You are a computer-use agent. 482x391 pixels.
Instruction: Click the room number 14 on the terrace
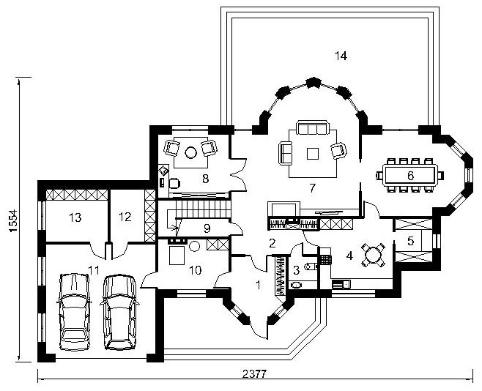pyautogui.click(x=341, y=56)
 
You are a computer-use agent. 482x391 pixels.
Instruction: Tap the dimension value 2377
pyautogui.click(x=254, y=374)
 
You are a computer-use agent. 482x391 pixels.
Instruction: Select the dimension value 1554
pyautogui.click(x=13, y=220)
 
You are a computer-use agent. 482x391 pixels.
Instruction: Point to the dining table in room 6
pyautogui.click(x=410, y=176)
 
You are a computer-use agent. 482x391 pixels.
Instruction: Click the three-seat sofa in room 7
pyautogui.click(x=313, y=127)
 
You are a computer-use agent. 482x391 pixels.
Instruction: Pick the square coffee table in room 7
pyautogui.click(x=313, y=153)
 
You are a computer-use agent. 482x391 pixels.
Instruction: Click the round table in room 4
pyautogui.click(x=372, y=255)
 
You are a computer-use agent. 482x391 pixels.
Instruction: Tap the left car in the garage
pyautogui.click(x=74, y=312)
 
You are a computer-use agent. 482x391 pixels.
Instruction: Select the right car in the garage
pyautogui.click(x=119, y=312)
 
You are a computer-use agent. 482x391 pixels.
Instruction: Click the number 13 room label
pyautogui.click(x=75, y=217)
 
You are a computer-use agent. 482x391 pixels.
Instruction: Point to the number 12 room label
pyautogui.click(x=125, y=217)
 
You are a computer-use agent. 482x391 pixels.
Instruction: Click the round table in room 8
pyautogui.click(x=190, y=152)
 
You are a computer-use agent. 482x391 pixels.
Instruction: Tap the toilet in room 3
pyautogui.click(x=309, y=267)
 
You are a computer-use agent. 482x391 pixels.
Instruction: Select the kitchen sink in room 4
pyautogui.click(x=341, y=284)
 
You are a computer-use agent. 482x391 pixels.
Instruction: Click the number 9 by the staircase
pyautogui.click(x=207, y=228)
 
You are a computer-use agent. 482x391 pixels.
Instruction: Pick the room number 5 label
pyautogui.click(x=411, y=241)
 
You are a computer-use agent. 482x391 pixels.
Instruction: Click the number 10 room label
pyautogui.click(x=195, y=270)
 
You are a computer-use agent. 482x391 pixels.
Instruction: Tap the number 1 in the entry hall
pyautogui.click(x=258, y=285)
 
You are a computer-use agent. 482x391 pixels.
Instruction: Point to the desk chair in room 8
pyautogui.click(x=174, y=183)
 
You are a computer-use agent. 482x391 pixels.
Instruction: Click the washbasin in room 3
pyautogui.click(x=297, y=286)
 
